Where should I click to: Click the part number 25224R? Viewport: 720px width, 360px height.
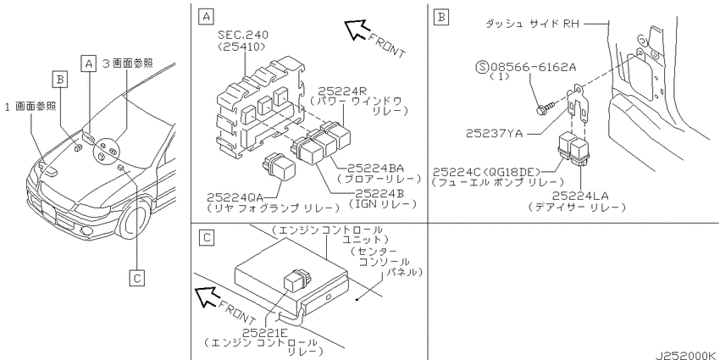(x=335, y=91)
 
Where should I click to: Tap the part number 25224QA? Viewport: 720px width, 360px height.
(x=234, y=197)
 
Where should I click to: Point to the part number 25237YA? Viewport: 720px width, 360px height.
(x=494, y=134)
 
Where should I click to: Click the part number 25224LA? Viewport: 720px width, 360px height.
(x=581, y=197)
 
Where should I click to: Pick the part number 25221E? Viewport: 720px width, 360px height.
(x=260, y=332)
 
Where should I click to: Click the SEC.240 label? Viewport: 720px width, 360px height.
(x=243, y=36)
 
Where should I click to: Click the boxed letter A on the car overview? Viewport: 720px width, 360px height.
(x=89, y=64)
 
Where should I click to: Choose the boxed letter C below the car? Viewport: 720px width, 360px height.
(x=136, y=279)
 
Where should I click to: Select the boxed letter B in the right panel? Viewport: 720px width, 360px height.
(x=440, y=18)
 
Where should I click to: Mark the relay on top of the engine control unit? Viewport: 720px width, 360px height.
(x=297, y=280)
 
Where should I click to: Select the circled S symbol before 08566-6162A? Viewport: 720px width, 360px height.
(x=482, y=68)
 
